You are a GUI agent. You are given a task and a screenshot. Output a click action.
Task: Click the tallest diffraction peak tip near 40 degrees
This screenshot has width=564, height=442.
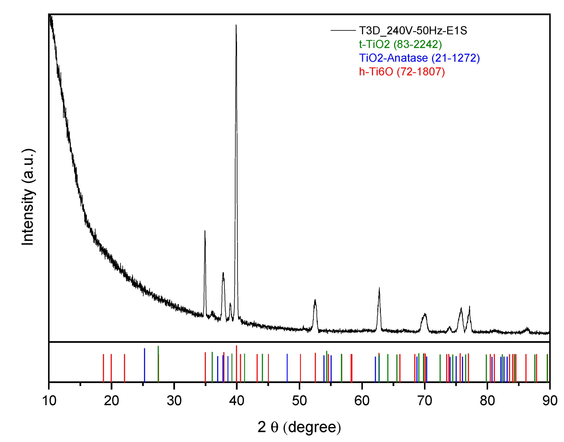click(x=236, y=26)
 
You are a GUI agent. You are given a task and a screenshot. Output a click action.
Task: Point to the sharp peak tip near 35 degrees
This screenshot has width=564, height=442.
click(x=205, y=231)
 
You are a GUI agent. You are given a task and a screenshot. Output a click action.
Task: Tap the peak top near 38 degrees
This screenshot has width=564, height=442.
click(x=223, y=273)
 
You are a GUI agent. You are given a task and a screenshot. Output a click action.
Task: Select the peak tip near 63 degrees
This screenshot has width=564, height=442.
click(x=379, y=288)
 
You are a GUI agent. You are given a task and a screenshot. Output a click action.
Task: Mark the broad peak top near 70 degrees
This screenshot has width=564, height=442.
click(x=425, y=314)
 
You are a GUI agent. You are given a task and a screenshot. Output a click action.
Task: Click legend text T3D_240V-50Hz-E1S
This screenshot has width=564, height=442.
click(x=413, y=31)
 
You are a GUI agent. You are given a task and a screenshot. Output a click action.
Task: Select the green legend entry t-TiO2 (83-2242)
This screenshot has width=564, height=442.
click(x=400, y=44)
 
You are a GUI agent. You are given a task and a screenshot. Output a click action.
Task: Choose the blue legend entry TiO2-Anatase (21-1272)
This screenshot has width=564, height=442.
click(x=419, y=58)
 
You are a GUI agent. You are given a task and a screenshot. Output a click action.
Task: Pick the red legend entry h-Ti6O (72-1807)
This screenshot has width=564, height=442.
click(x=402, y=72)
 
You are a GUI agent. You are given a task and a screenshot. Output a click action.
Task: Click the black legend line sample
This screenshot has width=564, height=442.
click(x=343, y=31)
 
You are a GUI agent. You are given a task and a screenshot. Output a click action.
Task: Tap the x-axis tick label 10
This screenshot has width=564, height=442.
click(x=49, y=401)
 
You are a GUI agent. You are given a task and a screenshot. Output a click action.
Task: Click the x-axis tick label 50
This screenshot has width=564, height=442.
click(x=299, y=401)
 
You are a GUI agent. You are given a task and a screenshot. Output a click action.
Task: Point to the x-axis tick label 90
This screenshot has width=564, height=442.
click(x=550, y=401)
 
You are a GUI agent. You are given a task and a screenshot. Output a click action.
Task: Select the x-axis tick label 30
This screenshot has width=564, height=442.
click(x=174, y=401)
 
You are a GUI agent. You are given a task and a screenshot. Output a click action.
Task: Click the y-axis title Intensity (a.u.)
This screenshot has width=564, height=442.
click(x=28, y=197)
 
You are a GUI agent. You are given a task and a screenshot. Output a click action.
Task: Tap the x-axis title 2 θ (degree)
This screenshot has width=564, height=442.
click(x=299, y=427)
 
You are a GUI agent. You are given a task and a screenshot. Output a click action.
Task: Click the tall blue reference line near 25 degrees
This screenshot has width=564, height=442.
click(x=144, y=365)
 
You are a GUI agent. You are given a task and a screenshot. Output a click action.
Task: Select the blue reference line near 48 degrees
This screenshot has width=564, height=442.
click(x=287, y=368)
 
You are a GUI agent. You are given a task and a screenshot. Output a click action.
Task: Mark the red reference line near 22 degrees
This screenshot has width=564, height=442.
click(x=124, y=368)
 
